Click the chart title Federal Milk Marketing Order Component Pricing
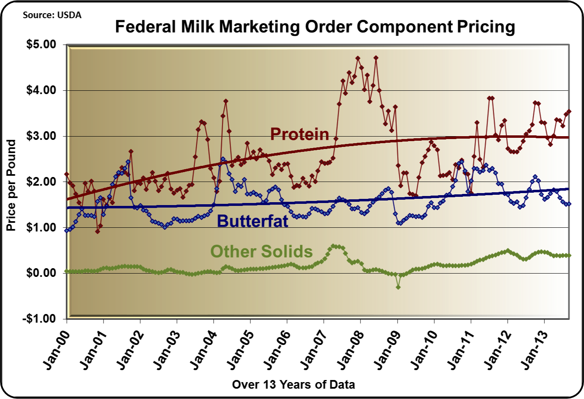[x=315, y=27]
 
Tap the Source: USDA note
[x=52, y=15]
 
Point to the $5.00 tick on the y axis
[x=41, y=45]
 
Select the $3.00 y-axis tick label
[x=41, y=136]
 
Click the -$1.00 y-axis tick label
[x=40, y=319]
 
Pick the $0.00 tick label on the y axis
[x=41, y=273]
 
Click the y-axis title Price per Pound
[x=11, y=185]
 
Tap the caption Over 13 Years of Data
[x=293, y=385]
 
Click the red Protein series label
[x=299, y=134]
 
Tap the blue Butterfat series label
[x=252, y=221]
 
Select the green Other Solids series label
[x=261, y=251]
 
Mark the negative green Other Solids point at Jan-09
[x=398, y=287]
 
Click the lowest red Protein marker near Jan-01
[x=97, y=231]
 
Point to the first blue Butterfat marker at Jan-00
[x=67, y=230]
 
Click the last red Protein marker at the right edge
[x=569, y=111]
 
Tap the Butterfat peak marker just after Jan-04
[x=223, y=159]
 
